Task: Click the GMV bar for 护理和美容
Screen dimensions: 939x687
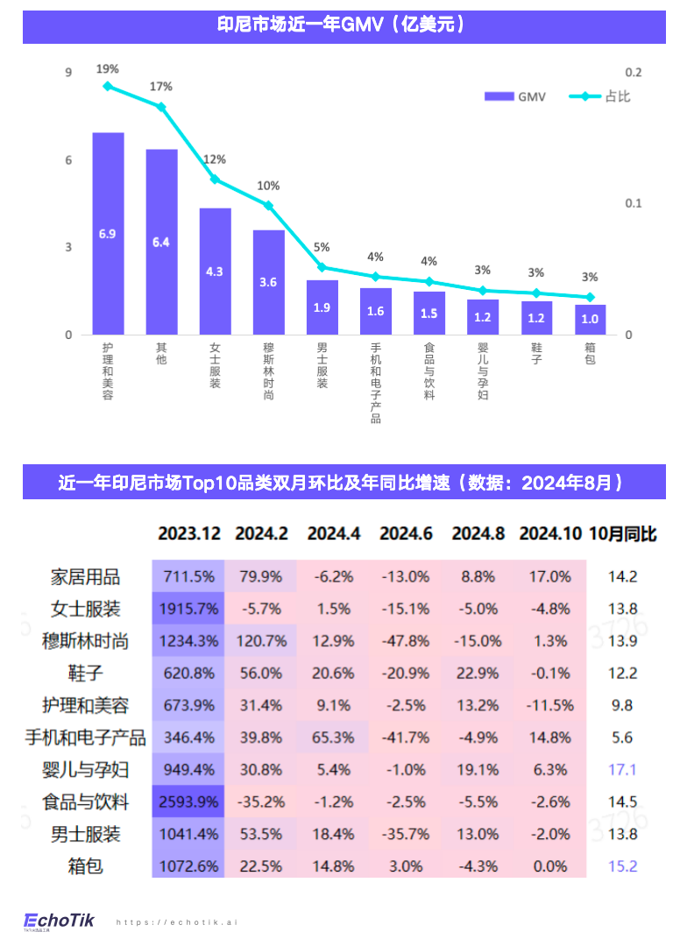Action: [x=108, y=233]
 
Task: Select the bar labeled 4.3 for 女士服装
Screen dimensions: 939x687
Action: [x=215, y=271]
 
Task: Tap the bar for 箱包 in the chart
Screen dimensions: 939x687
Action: [x=590, y=319]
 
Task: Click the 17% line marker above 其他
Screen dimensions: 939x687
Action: [x=161, y=107]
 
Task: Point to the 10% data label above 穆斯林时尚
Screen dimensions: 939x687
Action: [x=268, y=186]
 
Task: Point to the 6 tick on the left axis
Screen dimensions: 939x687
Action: [x=68, y=160]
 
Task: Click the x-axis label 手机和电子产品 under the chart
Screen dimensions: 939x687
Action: [x=375, y=383]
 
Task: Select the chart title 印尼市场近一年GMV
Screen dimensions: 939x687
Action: [x=343, y=25]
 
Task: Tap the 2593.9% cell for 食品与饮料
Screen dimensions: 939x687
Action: [x=188, y=801]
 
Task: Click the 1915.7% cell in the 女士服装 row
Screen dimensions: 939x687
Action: [x=188, y=609]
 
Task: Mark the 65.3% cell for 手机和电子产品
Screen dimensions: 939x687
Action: [x=333, y=738]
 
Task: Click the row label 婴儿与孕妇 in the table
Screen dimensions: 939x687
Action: [x=86, y=770]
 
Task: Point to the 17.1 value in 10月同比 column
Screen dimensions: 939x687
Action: [x=622, y=770]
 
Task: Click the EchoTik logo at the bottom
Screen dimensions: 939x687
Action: [x=58, y=921]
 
